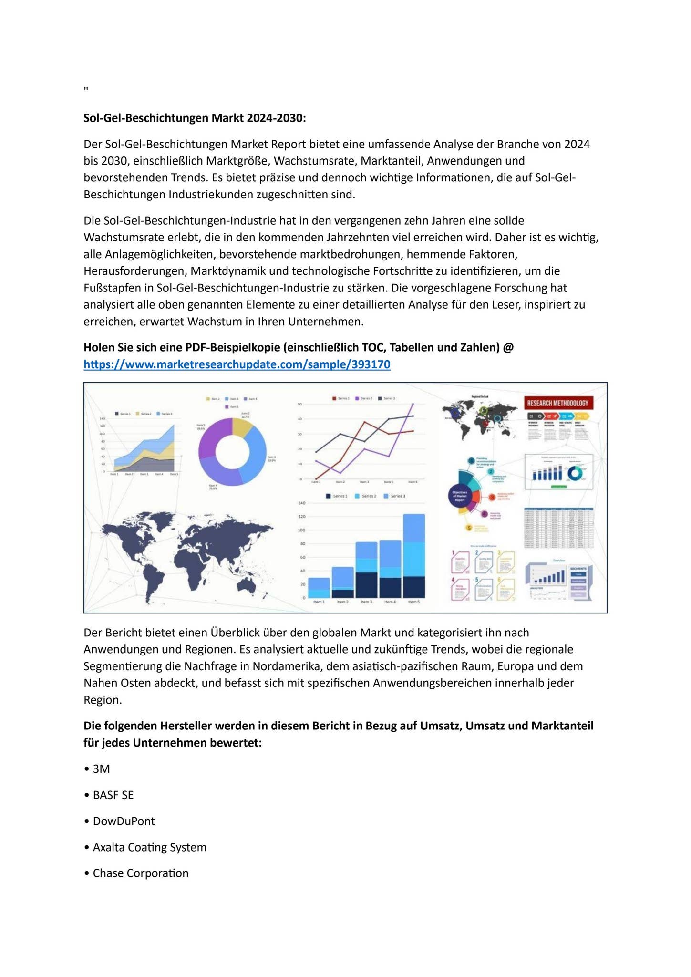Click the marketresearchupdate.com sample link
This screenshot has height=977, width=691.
237,364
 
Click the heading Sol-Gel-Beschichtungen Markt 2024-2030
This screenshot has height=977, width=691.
195,118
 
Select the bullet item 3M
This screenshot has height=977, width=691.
101,769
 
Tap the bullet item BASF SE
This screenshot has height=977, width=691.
113,795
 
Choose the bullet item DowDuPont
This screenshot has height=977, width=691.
124,821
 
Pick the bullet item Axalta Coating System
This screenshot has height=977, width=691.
149,847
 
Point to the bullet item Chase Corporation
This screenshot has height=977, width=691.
140,873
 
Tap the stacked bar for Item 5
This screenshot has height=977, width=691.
413,556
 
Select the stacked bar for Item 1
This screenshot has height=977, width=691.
319,587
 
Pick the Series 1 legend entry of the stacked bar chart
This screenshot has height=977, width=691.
337,496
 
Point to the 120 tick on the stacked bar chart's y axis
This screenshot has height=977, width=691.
301,517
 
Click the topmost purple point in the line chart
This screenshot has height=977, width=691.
413,404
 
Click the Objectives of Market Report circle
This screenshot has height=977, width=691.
459,496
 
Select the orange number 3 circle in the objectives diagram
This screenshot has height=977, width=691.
492,497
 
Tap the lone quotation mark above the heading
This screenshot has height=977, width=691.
86,89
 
